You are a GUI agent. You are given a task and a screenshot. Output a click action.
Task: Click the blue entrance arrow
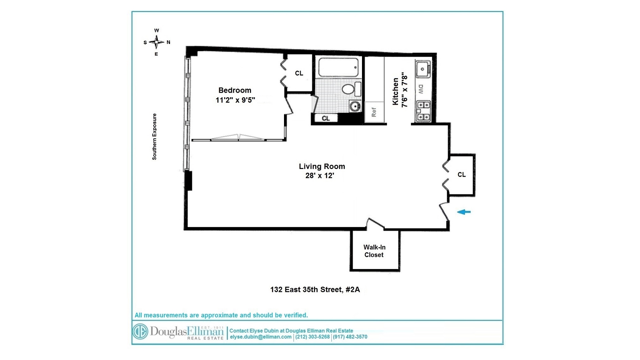pyautogui.click(x=464, y=212)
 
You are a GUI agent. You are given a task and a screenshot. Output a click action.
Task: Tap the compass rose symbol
pyautogui.click(x=156, y=42)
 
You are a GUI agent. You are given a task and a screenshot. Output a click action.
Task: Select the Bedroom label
pyautogui.click(x=235, y=90)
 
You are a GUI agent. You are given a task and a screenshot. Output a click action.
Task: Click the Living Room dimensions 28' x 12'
pyautogui.click(x=320, y=176)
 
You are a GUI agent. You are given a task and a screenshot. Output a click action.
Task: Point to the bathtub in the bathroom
pyautogui.click(x=338, y=67)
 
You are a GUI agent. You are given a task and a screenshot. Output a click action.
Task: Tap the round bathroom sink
pyautogui.click(x=355, y=107)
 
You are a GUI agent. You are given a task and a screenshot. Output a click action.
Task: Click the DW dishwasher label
pyautogui.click(x=421, y=89)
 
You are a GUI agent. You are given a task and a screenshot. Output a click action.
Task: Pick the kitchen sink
pyautogui.click(x=422, y=69)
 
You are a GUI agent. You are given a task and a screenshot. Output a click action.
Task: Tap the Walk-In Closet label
pyautogui.click(x=374, y=251)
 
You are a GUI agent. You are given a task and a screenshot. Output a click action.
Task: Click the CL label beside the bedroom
pyautogui.click(x=299, y=73)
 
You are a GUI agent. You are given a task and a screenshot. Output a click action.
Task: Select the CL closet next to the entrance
pyautogui.click(x=462, y=175)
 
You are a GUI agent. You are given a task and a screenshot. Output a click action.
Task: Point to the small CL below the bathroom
pyautogui.click(x=326, y=118)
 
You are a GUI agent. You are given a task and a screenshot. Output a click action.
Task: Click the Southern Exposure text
pyautogui.click(x=154, y=137)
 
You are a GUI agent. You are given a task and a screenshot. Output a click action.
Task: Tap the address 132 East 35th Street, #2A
pyautogui.click(x=315, y=290)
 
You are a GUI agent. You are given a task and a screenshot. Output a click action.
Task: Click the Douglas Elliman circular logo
pyautogui.click(x=140, y=332)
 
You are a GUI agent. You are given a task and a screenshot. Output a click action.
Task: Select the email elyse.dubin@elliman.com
pyautogui.click(x=261, y=337)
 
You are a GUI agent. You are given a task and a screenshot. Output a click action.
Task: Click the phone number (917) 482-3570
pyautogui.click(x=350, y=337)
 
